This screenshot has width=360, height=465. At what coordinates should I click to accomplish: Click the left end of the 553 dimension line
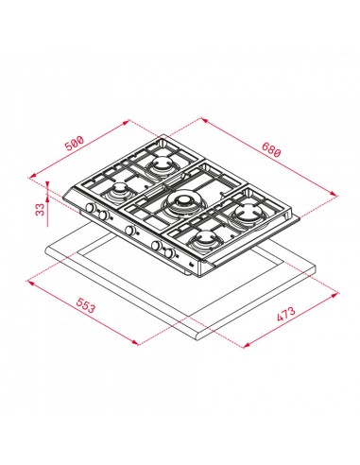point(30,279)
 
